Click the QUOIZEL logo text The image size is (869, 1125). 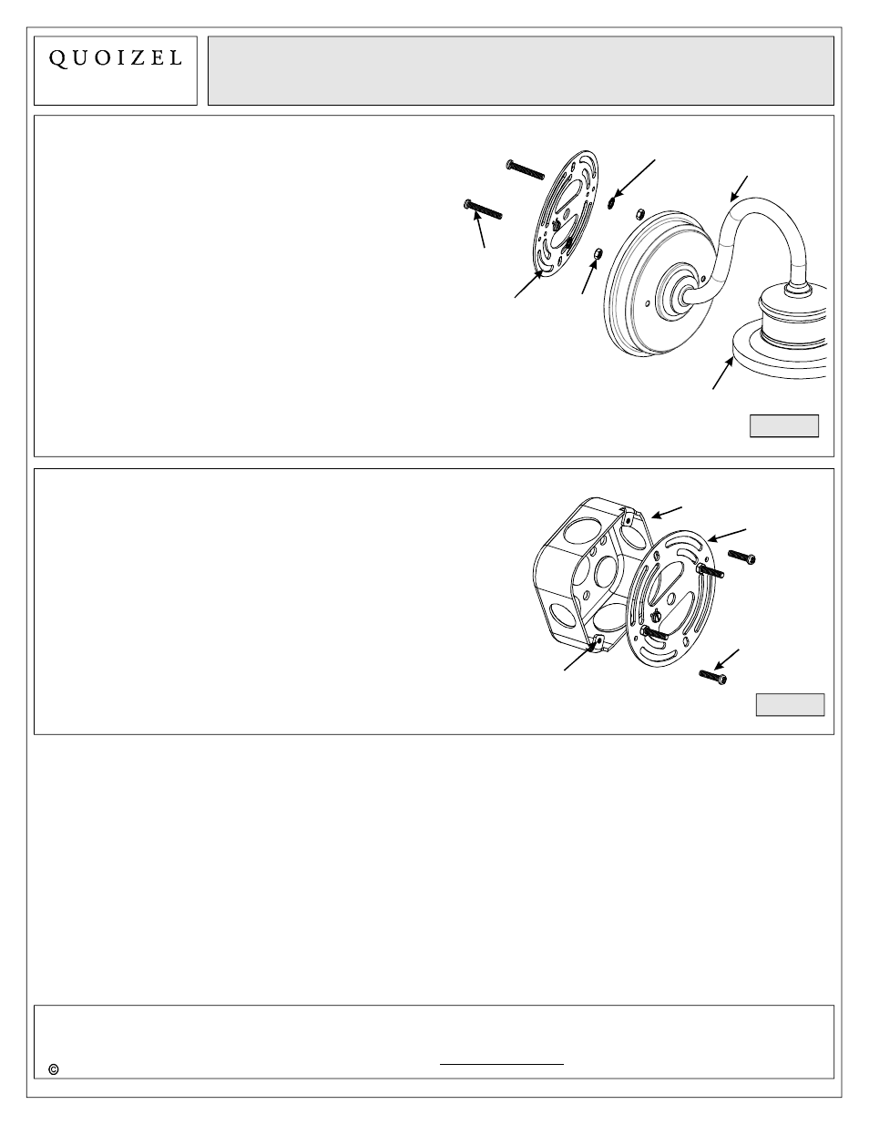click(x=115, y=58)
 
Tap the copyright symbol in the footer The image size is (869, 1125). click(x=54, y=1069)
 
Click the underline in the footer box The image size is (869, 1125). click(x=502, y=1063)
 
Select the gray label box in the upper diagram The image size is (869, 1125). click(x=783, y=425)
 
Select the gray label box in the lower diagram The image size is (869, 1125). click(x=790, y=704)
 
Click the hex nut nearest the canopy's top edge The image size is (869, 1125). click(x=639, y=213)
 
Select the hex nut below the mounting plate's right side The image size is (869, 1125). click(x=598, y=251)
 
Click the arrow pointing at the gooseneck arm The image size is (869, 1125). click(x=739, y=187)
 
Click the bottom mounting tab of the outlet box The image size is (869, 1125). click(x=597, y=645)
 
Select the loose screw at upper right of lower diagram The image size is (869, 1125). click(x=742, y=555)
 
